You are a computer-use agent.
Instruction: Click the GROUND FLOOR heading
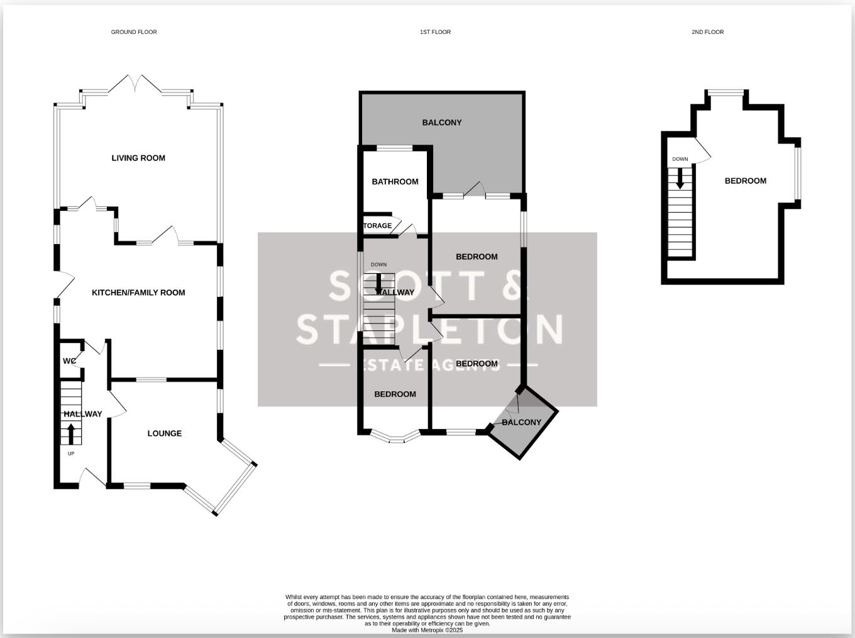(x=134, y=32)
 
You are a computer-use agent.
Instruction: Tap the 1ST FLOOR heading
(x=435, y=32)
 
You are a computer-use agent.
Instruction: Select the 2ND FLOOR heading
(x=707, y=32)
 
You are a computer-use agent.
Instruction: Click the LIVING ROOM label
(x=138, y=158)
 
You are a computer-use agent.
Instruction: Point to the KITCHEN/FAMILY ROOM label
(x=138, y=293)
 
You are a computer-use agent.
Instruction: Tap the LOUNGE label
(x=165, y=434)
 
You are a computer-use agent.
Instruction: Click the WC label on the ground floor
(x=69, y=361)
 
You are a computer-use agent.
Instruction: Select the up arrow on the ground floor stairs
(x=70, y=434)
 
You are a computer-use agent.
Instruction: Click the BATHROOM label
(x=395, y=182)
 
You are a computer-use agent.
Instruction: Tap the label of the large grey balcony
(x=441, y=123)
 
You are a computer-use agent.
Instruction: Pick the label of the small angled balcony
(x=521, y=422)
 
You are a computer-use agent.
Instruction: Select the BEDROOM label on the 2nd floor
(x=746, y=181)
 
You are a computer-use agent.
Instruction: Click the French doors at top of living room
(x=135, y=85)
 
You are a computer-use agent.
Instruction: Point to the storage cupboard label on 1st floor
(x=378, y=226)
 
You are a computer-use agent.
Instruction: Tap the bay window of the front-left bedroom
(x=395, y=437)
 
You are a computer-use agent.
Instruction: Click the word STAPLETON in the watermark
(x=429, y=329)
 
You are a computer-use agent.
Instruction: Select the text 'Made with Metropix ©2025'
(x=427, y=630)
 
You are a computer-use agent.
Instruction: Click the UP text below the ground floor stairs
(x=70, y=453)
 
